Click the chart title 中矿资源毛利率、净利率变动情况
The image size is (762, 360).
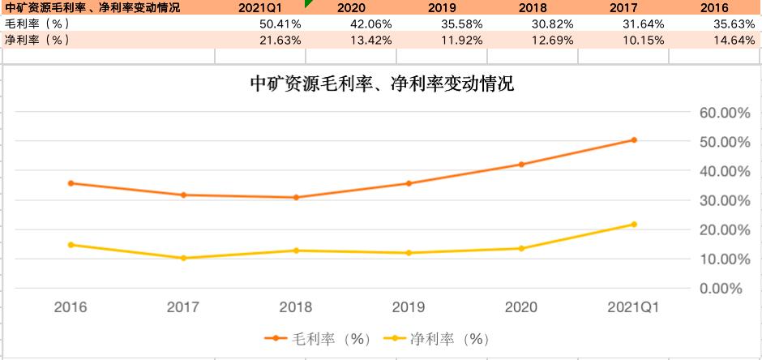pyautogui.click(x=383, y=84)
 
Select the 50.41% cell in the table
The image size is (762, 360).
pyautogui.click(x=280, y=24)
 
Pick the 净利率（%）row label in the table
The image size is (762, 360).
pyautogui.click(x=37, y=39)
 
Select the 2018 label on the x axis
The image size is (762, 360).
pyautogui.click(x=296, y=308)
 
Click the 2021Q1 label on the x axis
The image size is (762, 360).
pyautogui.click(x=634, y=308)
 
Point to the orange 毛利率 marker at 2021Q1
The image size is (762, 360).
pyautogui.click(x=634, y=140)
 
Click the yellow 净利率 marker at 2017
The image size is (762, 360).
pyautogui.click(x=183, y=258)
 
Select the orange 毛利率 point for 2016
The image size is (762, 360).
pyautogui.click(x=71, y=183)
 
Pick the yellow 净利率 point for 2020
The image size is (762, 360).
pyautogui.click(x=521, y=248)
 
